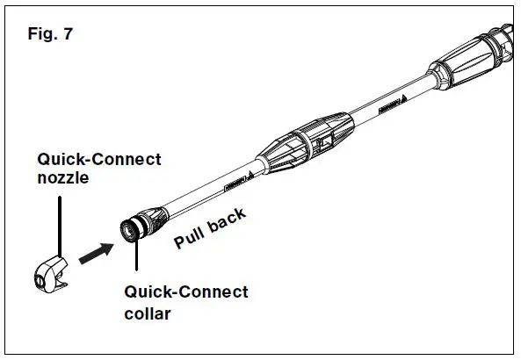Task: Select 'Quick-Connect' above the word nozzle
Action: click(98, 159)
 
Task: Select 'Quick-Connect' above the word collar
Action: click(185, 292)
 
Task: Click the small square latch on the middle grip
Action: click(322, 140)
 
